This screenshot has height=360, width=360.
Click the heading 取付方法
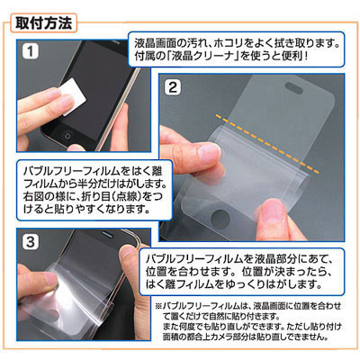[x=44, y=23]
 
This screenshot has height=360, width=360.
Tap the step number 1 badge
[x=31, y=51]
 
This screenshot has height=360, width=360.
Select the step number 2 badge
[x=173, y=87]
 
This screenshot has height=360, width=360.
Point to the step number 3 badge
[x=31, y=242]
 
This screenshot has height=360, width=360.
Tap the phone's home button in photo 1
[x=67, y=137]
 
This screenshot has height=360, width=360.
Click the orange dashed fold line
[x=267, y=143]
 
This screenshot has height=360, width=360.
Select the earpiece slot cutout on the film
[x=295, y=87]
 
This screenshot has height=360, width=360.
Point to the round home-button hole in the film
[x=220, y=219]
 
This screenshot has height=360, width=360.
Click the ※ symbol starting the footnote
[x=158, y=306]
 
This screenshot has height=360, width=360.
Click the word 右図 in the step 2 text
[x=36, y=196]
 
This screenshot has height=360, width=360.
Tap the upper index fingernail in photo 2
[x=210, y=152]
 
